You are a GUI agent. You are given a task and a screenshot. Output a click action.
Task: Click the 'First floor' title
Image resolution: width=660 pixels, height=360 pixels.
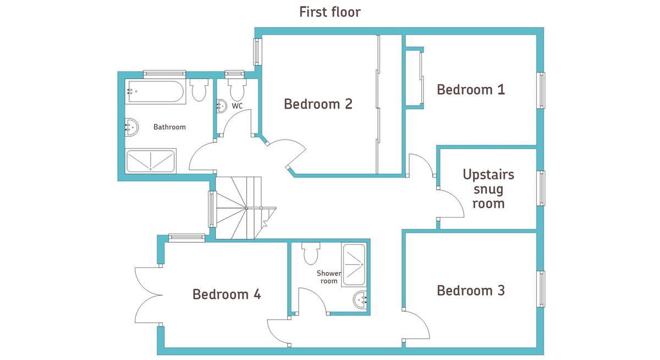(329, 12)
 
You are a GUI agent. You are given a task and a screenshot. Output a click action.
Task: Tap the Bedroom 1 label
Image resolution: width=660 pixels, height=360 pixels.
(471, 90)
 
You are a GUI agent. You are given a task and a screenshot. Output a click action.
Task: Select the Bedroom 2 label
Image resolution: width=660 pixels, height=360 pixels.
(318, 104)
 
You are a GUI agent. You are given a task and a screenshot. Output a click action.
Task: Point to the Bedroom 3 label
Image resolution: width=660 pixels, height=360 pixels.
(471, 291)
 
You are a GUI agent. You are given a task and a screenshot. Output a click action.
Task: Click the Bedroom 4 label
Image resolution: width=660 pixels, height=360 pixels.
(227, 294)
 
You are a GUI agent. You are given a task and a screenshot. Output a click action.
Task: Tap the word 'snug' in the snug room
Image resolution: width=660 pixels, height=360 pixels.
(488, 189)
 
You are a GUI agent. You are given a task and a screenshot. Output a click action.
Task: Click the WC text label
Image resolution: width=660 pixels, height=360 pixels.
(237, 106)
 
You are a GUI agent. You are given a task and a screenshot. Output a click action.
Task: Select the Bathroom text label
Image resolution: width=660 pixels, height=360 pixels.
(169, 127)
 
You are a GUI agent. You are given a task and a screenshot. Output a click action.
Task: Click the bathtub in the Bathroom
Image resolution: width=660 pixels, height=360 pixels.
(155, 91)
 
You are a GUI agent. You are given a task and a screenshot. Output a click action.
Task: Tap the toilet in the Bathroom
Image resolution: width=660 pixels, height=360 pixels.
(199, 90)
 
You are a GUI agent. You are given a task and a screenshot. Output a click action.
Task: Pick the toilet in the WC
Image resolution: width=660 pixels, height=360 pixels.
(237, 90)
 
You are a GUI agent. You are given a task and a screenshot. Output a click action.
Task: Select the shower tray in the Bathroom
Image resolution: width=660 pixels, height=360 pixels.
(151, 160)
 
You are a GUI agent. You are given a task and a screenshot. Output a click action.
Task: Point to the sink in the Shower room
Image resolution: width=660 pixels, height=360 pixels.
(360, 300)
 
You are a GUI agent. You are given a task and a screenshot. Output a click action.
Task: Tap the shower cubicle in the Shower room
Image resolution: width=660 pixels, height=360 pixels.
(354, 264)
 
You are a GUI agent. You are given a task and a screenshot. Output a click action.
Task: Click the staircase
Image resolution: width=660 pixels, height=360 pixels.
(243, 208)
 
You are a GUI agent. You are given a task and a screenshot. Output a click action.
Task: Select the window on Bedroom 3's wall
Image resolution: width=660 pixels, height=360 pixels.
(541, 289)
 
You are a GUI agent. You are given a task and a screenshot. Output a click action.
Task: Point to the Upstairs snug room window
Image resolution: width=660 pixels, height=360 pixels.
(541, 188)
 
